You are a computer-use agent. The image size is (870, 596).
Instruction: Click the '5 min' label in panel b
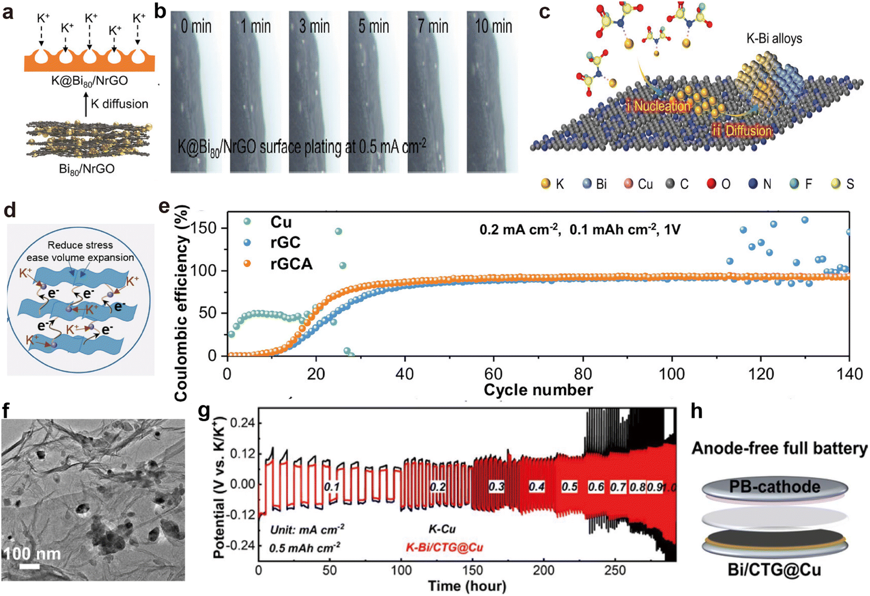[x=373, y=26]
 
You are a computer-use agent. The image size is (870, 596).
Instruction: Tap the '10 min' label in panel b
[x=493, y=26]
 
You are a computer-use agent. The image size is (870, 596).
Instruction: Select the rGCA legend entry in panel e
[x=291, y=263]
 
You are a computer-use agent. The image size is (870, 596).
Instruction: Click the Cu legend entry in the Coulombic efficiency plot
[x=281, y=222]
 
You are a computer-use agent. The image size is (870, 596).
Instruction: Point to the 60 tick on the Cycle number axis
[x=493, y=374]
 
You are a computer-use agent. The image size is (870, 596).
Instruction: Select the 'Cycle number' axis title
[x=538, y=390]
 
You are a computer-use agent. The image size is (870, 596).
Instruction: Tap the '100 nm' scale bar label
[x=32, y=554]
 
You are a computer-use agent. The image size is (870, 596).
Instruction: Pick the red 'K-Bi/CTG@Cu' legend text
[x=444, y=547]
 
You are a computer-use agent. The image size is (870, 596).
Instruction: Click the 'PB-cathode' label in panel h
[x=774, y=486]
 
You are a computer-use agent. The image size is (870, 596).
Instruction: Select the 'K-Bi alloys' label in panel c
[x=774, y=38]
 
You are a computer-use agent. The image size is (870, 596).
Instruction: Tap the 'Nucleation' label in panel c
[x=662, y=105]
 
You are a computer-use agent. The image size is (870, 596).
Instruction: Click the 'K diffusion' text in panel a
[x=119, y=104]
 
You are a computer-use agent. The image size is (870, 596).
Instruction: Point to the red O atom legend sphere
[x=711, y=184]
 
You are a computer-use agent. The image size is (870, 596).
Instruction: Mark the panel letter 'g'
[x=204, y=412]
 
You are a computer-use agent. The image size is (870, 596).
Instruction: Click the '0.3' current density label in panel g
[x=496, y=486]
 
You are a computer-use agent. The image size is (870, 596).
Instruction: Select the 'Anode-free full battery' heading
[x=779, y=448]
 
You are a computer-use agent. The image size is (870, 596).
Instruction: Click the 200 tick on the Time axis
[x=543, y=570]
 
